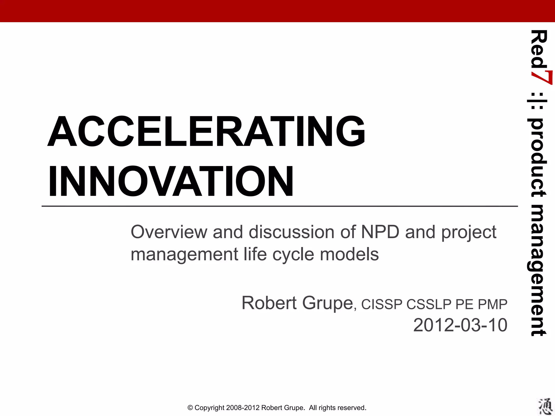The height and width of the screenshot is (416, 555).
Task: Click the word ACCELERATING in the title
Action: pos(206,131)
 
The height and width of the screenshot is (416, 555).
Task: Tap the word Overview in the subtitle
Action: pos(169,232)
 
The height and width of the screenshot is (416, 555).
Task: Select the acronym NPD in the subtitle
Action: pos(380,232)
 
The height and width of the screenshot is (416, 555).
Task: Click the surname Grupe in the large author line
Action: pos(327,304)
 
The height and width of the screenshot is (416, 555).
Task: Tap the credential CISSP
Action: pos(382,304)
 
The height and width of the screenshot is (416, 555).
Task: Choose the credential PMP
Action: pos(493,304)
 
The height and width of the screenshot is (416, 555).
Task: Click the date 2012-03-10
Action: pos(460,325)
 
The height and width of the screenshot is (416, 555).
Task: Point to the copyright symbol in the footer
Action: pos(190,408)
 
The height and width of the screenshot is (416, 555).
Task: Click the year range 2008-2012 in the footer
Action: pos(243,408)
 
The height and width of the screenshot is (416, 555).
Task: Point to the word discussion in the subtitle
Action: pos(292,232)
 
